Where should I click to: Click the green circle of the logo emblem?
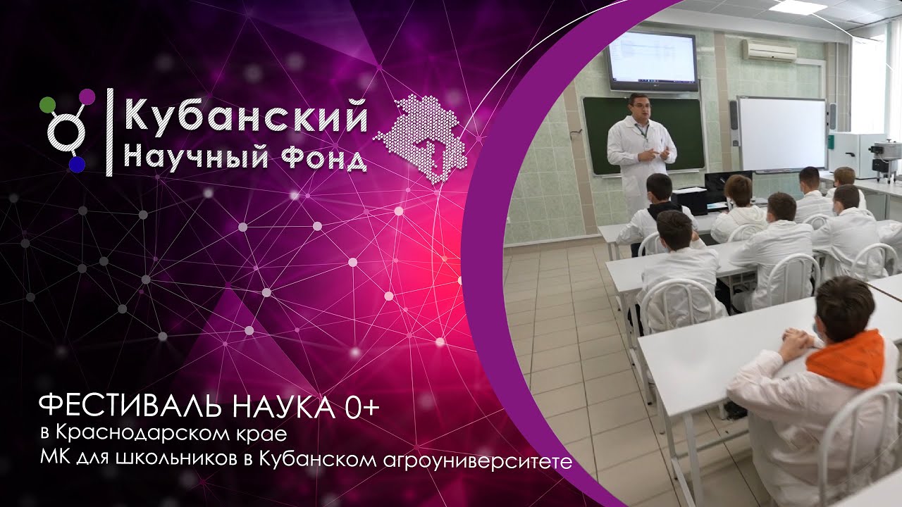(x=47, y=104)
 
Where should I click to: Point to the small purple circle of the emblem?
(x=87, y=96)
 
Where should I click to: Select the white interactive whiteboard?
(x=781, y=133)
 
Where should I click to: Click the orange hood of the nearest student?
(x=846, y=358)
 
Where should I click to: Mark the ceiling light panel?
(x=797, y=6)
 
